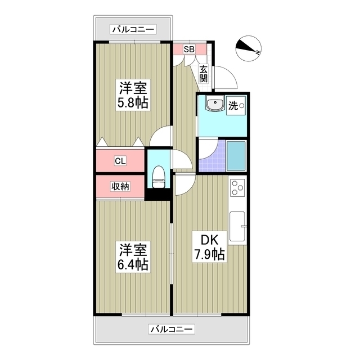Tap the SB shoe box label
pos(189,49)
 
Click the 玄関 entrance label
pos(203,73)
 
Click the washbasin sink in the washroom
pos(214,105)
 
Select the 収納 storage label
pos(120,187)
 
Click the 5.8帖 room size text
pos(133,103)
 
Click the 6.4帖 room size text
pos(133,264)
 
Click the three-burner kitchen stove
pos(237,187)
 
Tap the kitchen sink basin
pos(237,227)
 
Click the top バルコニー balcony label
pos(133,30)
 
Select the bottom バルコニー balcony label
pos(171,329)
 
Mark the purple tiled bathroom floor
pos(211,159)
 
